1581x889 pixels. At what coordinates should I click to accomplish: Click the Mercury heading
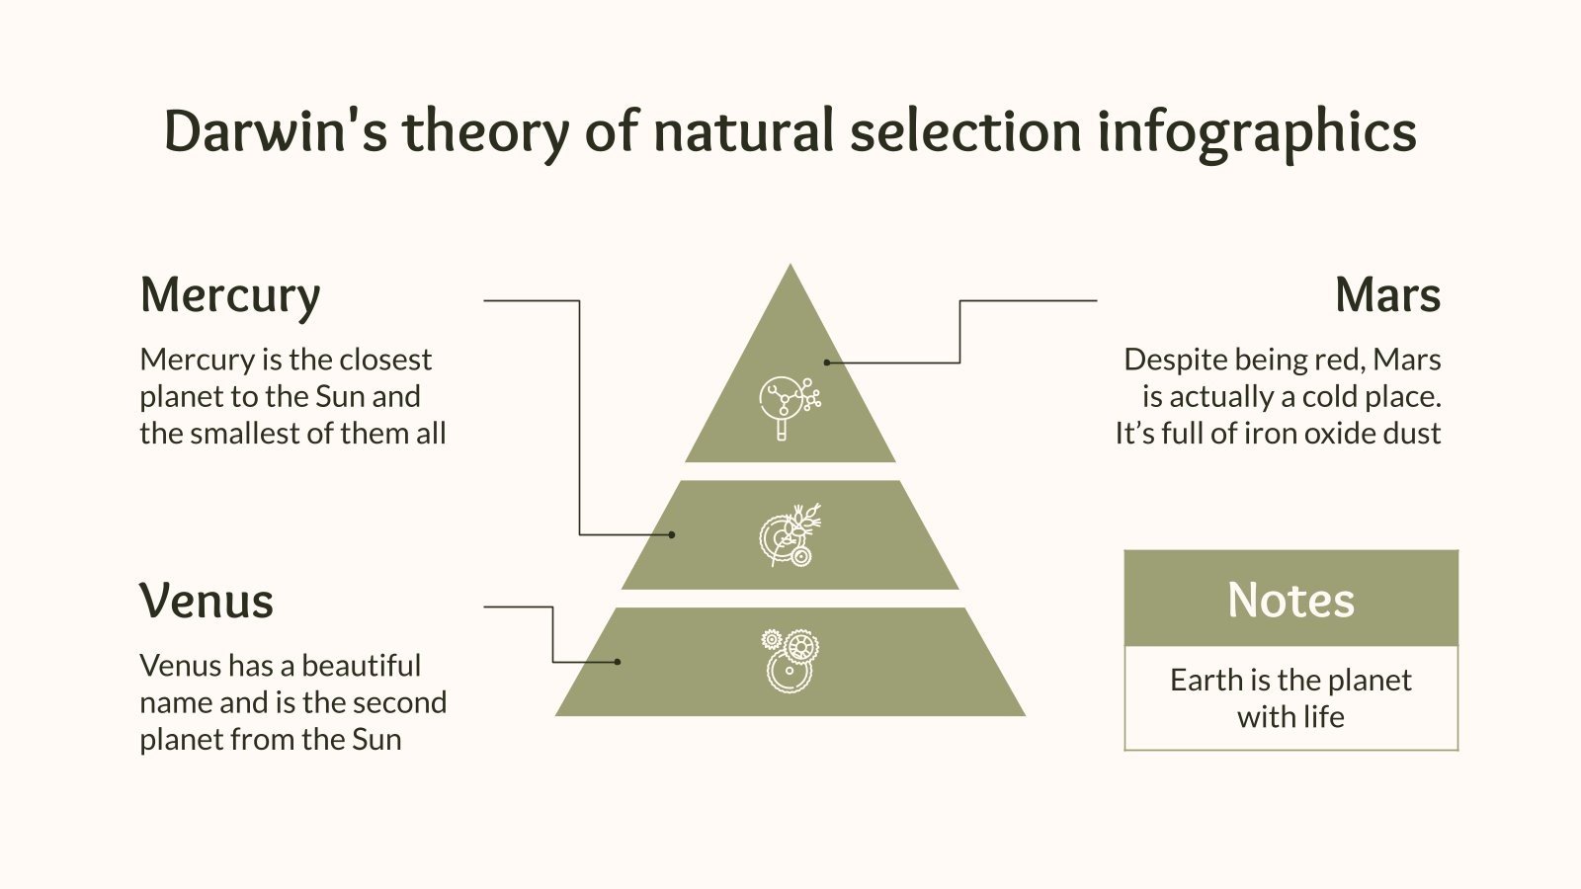(x=230, y=295)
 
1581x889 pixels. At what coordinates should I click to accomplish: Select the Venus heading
(x=207, y=601)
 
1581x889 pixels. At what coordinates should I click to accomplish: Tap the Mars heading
(x=1387, y=295)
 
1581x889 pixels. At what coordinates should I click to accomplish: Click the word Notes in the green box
(x=1290, y=600)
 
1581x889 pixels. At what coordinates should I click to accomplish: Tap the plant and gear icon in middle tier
(x=790, y=535)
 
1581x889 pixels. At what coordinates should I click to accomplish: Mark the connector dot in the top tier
(x=827, y=363)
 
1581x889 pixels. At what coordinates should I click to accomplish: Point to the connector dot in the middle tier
(x=672, y=534)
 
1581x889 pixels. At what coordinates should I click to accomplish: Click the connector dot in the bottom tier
(x=618, y=661)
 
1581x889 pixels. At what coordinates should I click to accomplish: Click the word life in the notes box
(x=1322, y=716)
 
